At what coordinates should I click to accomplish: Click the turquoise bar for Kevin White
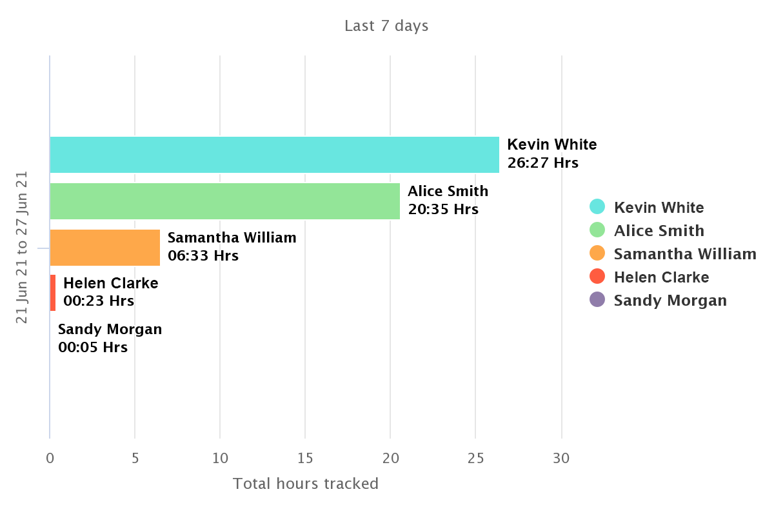coord(274,155)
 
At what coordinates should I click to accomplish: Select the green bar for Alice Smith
coord(224,201)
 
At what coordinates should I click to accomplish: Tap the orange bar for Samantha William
coord(104,248)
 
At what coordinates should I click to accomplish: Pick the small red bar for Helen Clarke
coord(53,293)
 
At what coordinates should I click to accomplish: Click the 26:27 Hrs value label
coord(542,163)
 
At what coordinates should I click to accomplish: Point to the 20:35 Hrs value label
coord(443,210)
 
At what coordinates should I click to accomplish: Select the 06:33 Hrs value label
coord(203,256)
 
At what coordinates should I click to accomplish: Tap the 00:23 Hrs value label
coord(99,301)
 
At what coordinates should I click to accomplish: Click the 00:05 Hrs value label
coord(93,348)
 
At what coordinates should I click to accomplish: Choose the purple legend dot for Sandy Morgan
coord(597,299)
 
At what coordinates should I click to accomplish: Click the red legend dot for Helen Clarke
coord(597,276)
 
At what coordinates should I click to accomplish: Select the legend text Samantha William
coord(685,254)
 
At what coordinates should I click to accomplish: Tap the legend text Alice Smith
coord(659,231)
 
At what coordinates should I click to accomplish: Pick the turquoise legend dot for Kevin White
coord(597,206)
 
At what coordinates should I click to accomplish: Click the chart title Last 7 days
coord(386,26)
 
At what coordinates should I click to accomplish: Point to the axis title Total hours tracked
coord(306,484)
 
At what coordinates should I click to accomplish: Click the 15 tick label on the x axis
coord(305,459)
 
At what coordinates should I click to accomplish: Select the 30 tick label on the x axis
coord(561,459)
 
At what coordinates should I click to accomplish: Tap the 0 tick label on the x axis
coord(50,459)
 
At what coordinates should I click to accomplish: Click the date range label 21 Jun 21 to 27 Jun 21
coord(22,248)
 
